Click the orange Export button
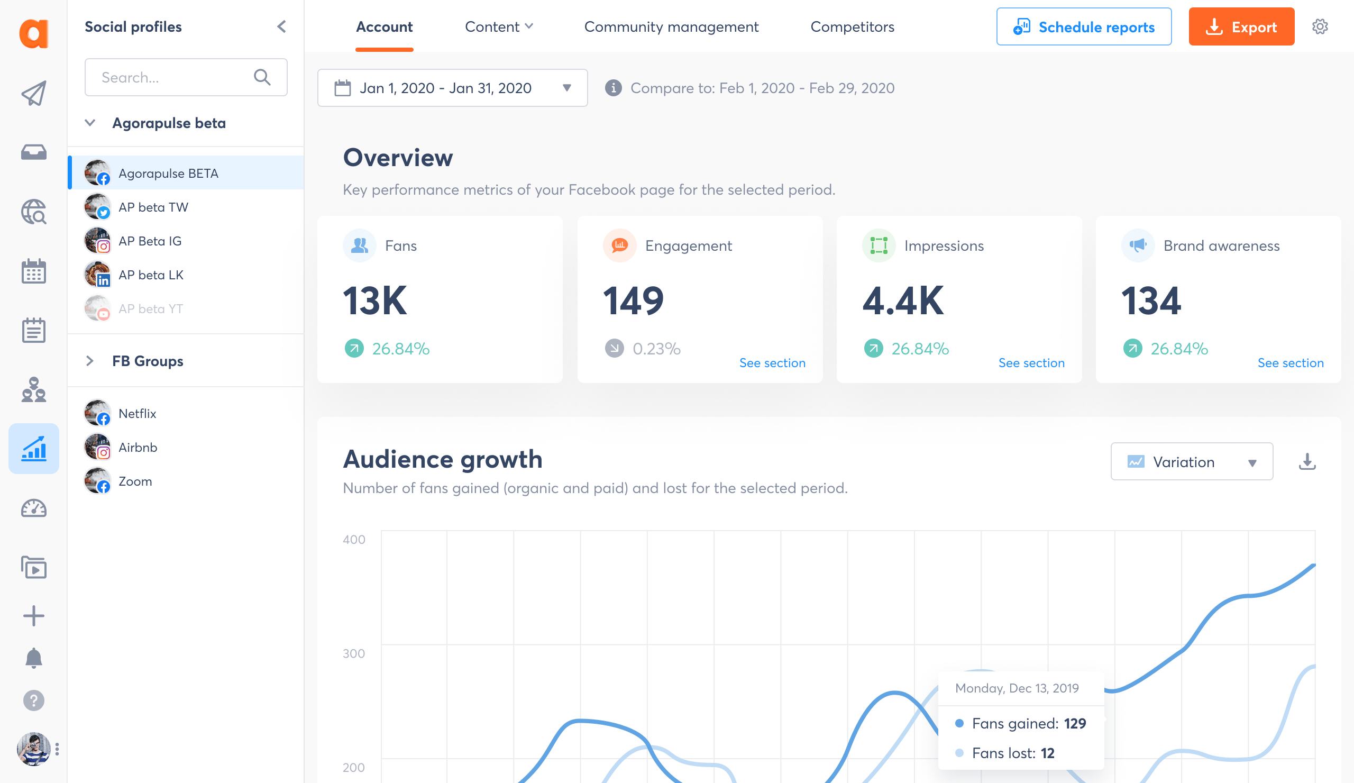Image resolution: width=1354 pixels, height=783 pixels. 1241,27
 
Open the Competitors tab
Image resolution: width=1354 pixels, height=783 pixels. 852,27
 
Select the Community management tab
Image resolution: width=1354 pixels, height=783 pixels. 671,27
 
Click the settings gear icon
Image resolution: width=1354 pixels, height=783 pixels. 1320,27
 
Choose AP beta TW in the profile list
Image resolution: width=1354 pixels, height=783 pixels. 153,207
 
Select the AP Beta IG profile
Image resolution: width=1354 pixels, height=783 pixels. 150,241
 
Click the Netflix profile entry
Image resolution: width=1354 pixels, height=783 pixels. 137,414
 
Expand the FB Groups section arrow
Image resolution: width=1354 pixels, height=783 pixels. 90,361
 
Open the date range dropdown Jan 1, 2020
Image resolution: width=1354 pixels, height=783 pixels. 452,88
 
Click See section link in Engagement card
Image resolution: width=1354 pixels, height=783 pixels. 772,363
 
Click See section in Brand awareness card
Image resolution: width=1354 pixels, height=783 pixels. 1289,363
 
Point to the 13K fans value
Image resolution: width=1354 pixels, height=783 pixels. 375,301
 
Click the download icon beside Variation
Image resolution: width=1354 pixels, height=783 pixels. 1306,462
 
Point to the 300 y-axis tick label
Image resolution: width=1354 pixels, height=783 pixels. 353,653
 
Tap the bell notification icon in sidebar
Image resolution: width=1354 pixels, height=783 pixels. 34,658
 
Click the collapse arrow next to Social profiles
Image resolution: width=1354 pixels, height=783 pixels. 281,27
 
